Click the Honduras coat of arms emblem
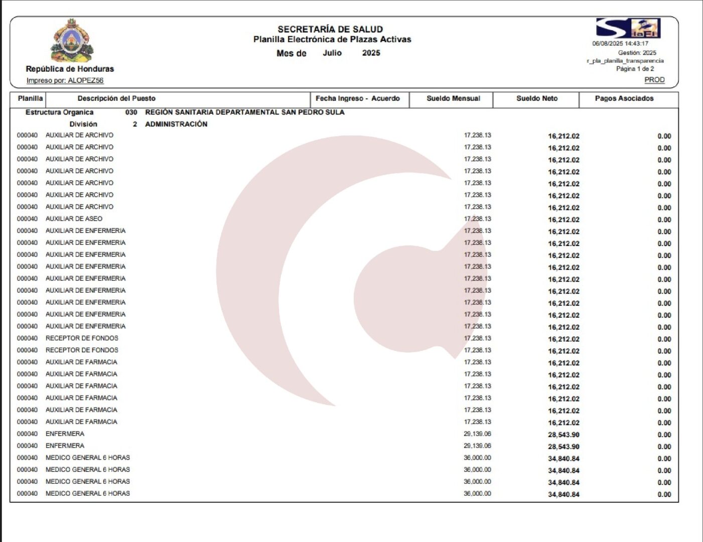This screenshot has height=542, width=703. click(x=71, y=40)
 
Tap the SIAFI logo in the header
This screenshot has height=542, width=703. click(x=628, y=28)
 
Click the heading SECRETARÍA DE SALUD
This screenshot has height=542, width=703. click(x=330, y=30)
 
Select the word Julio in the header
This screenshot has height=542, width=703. click(x=332, y=53)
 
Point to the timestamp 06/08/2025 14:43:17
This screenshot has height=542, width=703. click(x=620, y=44)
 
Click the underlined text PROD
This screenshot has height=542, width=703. click(x=654, y=80)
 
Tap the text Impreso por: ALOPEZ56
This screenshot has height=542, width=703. click(x=65, y=80)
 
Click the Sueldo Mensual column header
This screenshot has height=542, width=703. click(x=453, y=98)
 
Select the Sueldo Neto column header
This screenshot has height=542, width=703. click(x=537, y=98)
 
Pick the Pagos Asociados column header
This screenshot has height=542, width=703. click(x=624, y=98)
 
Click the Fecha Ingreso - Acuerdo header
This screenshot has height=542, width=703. click(x=357, y=98)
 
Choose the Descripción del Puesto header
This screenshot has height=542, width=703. click(x=116, y=98)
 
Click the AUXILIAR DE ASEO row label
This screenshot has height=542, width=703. click(x=74, y=219)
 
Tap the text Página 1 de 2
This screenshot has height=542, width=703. click(x=635, y=69)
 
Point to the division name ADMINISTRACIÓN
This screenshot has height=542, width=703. click(x=176, y=124)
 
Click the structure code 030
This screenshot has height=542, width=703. click(x=131, y=112)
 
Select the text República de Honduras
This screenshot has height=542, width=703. click(x=70, y=69)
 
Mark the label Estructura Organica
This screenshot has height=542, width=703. click(x=59, y=112)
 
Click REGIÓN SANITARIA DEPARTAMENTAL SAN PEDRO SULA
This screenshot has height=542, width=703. click(x=245, y=112)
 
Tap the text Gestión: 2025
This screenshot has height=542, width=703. click(x=637, y=53)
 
